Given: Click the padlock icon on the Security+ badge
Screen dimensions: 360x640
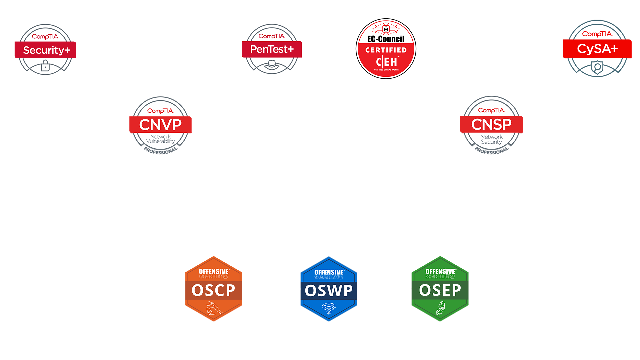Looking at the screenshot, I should (45, 66).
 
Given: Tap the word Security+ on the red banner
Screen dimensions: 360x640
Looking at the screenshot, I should (46, 50).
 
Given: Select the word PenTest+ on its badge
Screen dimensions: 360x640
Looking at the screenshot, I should (272, 49).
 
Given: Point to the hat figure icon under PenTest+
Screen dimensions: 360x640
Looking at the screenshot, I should (272, 64).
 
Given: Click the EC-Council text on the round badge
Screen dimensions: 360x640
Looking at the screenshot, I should (386, 39).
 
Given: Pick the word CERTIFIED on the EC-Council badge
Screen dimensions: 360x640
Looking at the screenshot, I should (386, 50).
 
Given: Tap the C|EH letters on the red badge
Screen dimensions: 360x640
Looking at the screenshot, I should (386, 62).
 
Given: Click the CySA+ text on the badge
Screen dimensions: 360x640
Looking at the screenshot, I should (597, 49).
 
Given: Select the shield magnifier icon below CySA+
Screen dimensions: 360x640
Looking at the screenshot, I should (597, 67).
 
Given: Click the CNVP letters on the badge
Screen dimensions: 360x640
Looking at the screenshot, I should (160, 125).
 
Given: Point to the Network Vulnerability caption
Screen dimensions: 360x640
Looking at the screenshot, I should (160, 139).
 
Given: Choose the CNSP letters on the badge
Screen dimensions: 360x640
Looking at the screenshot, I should (491, 124).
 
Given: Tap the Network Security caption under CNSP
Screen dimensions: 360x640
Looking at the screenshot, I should (491, 139).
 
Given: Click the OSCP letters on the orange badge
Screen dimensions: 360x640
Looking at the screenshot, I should (213, 290).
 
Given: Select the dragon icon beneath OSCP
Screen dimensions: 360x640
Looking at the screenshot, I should (213, 308).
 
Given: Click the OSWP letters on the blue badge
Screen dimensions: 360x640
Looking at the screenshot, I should (329, 291).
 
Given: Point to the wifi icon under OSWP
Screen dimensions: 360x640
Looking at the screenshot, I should (329, 308).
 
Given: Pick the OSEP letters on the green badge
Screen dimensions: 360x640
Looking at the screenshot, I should (440, 290).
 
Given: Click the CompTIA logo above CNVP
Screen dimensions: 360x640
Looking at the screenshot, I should (160, 111).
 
